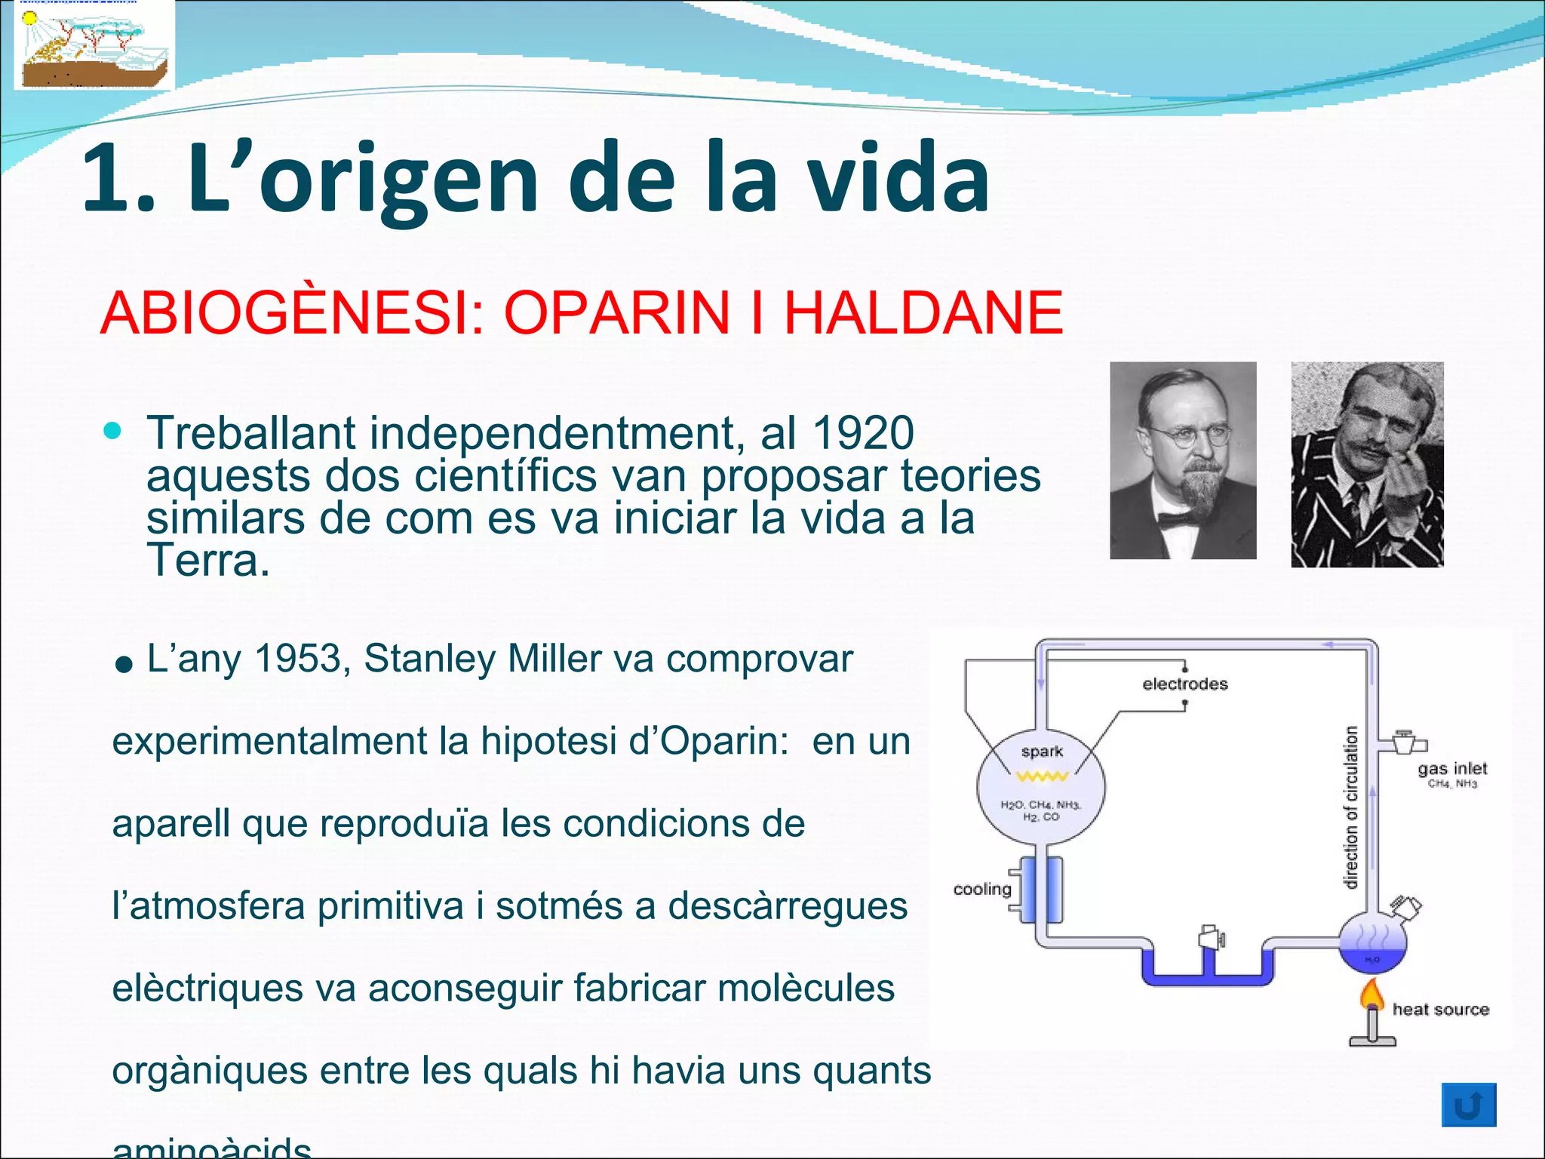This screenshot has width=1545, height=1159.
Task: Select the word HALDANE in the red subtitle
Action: [923, 313]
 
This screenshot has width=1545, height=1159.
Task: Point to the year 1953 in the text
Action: [298, 659]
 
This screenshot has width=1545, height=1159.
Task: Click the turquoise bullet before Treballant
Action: [112, 431]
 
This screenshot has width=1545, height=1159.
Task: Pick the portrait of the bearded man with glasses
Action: [1183, 460]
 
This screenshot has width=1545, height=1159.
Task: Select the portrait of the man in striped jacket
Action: [1367, 464]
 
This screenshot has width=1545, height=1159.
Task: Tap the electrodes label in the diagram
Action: [1184, 684]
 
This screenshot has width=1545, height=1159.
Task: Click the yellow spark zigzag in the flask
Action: [1042, 776]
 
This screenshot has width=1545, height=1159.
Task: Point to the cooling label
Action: [981, 889]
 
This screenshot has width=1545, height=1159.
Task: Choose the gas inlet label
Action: [1451, 768]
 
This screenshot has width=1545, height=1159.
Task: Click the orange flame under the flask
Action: [1372, 995]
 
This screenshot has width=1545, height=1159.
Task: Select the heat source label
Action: [1440, 1010]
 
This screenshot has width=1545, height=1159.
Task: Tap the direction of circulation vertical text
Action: [1351, 807]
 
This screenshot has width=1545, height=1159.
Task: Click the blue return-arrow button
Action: [1468, 1105]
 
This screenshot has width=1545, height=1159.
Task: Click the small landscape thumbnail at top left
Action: [94, 45]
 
